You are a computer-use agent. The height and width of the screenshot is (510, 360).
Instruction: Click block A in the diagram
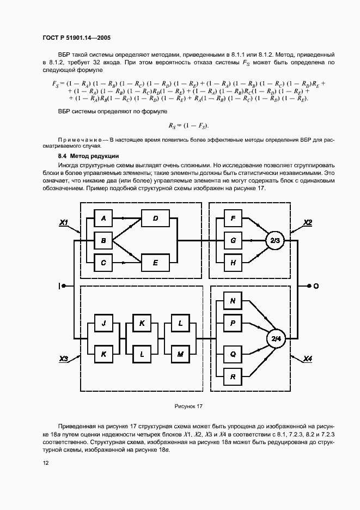coord(103,218)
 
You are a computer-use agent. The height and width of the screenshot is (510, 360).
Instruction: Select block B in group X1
coord(103,240)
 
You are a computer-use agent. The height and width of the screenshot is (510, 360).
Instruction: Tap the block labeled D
coord(155,218)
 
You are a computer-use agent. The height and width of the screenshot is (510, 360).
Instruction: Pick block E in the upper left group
coord(155,263)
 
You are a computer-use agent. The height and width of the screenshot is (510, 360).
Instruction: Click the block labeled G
coord(233,240)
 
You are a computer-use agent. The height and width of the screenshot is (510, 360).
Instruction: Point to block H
coord(233,263)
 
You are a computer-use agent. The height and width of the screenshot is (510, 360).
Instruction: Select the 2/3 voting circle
coord(274,240)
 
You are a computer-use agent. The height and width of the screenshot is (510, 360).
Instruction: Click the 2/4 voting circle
coord(274,339)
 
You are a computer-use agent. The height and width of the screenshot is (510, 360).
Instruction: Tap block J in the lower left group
coord(103,323)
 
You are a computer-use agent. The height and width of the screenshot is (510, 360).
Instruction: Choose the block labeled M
coord(180,354)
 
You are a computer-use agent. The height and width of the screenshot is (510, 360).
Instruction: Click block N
coord(233,301)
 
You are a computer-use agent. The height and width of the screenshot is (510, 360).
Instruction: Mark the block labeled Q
coord(233,354)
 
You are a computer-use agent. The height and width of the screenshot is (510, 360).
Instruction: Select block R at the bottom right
coord(233,376)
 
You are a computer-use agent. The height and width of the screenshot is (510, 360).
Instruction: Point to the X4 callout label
coord(308,359)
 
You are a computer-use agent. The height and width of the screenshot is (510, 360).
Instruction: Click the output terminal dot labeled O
coord(309,286)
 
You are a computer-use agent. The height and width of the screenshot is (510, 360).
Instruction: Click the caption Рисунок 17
coord(188,406)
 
